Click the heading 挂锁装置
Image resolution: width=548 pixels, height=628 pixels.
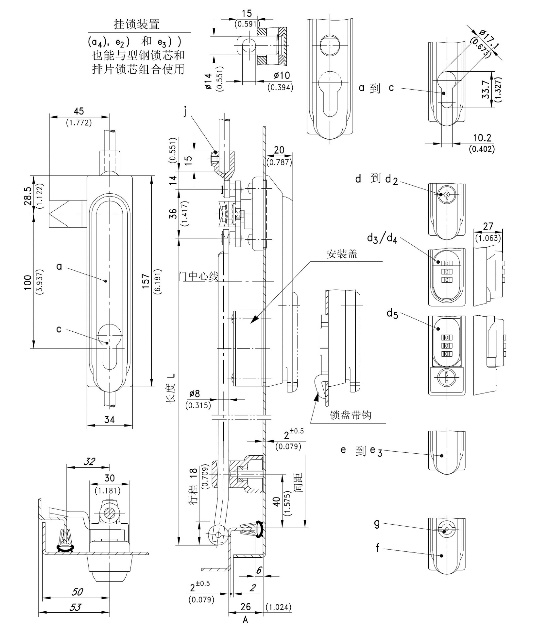coord(137,24)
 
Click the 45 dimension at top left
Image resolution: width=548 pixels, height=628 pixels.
coord(79,111)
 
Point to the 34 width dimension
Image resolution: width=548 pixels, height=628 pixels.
coord(110,420)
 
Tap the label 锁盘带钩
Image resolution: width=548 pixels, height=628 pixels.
coord(351,415)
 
